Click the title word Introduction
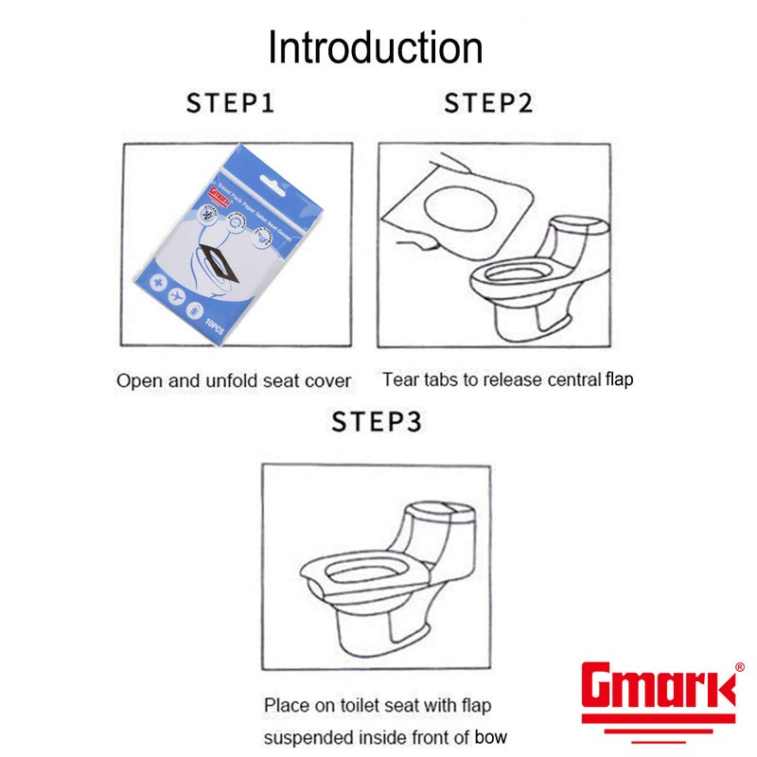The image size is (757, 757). click(376, 47)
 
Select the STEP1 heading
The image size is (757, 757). click(230, 103)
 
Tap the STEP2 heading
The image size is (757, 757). click(488, 103)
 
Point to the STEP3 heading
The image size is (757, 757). click(377, 421)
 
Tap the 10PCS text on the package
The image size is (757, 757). click(215, 327)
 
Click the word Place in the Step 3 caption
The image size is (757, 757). click(286, 705)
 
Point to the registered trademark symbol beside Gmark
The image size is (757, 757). click(739, 667)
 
